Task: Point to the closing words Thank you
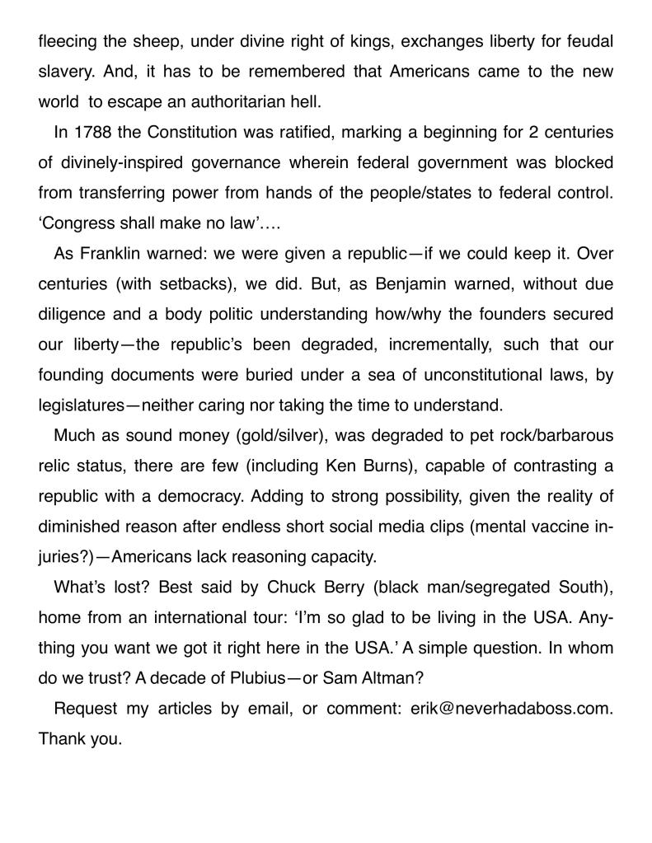80,739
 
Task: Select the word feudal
584,41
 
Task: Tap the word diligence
71,314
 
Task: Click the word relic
55,466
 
